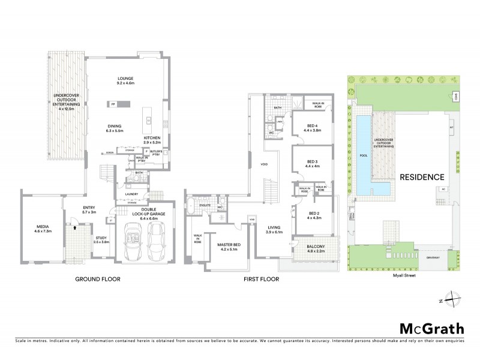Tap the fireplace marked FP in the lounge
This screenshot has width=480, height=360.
pos(112,104)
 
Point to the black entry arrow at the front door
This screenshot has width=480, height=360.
pos(73,228)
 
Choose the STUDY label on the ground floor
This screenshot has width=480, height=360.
pos(101,238)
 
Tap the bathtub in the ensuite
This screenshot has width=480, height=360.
pos(191,208)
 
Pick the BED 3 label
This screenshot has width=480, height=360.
pos(312,161)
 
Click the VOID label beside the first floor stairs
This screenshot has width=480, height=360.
pos(263,164)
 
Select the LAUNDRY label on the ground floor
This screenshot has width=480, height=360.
pos(131,194)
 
